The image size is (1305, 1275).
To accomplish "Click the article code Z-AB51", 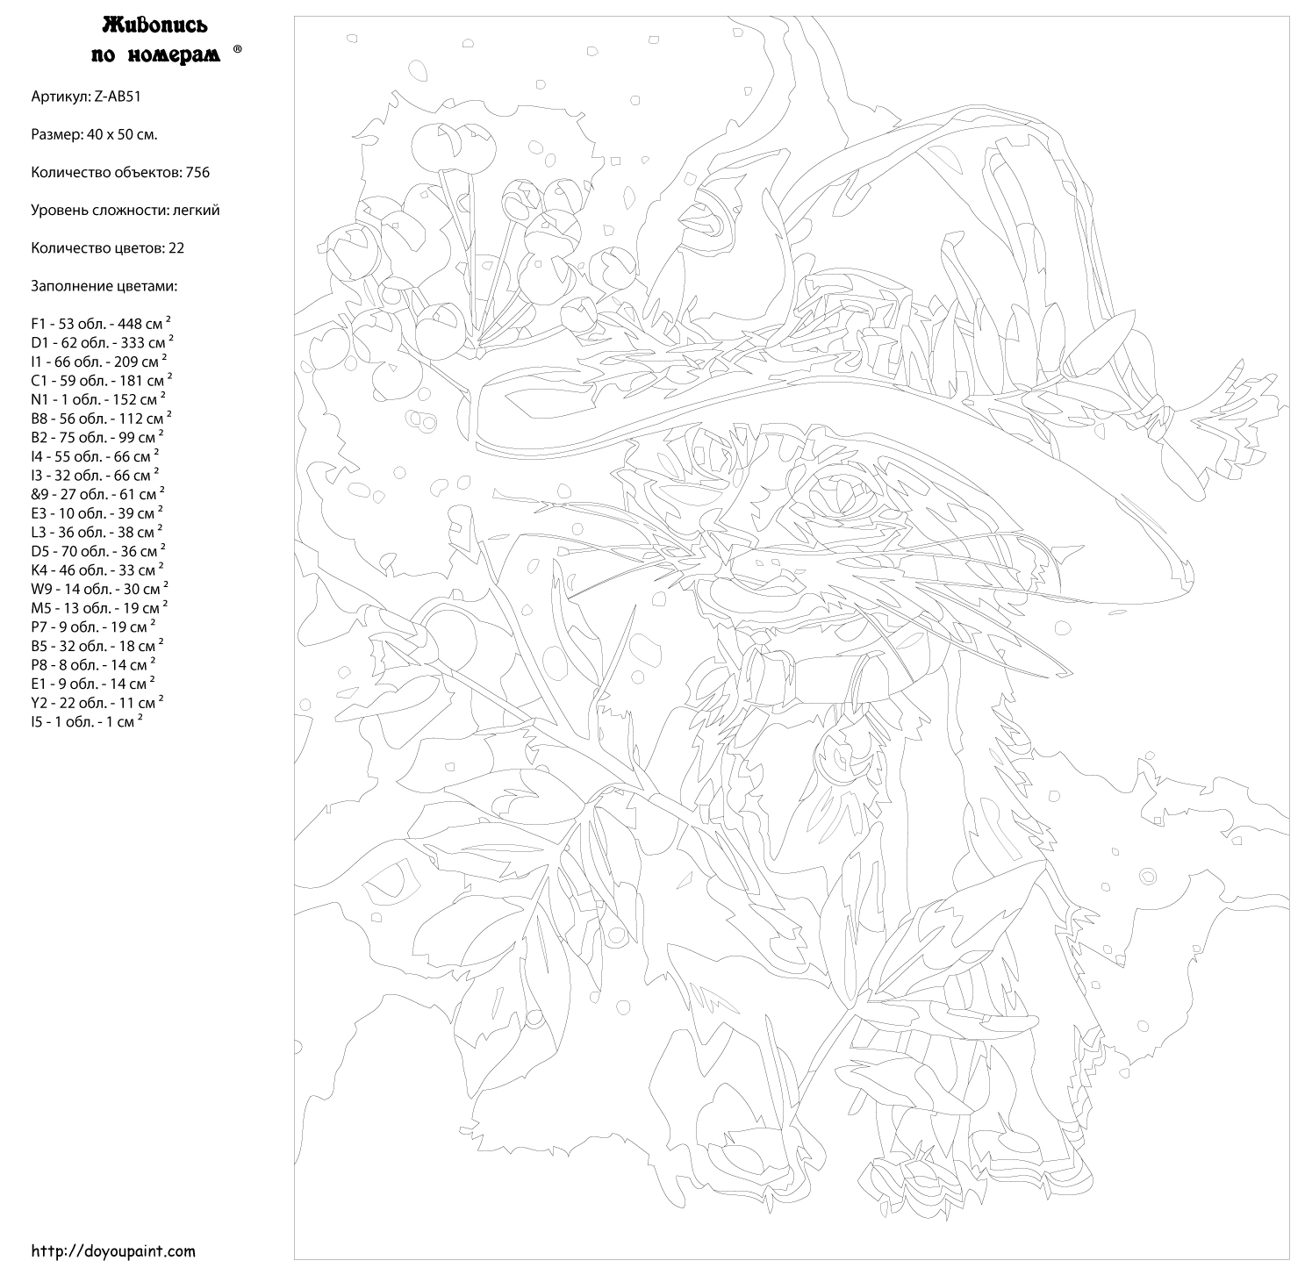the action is [x=117, y=97].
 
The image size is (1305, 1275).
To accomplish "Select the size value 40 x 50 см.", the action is [x=122, y=135].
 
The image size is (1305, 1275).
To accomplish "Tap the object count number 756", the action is [x=197, y=172].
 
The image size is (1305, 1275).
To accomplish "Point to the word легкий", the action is [x=196, y=211].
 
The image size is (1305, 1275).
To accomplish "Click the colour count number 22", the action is [x=176, y=248].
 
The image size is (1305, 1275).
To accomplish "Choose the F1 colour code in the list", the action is [x=39, y=325].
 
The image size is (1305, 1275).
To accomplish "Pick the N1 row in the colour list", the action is [x=98, y=400].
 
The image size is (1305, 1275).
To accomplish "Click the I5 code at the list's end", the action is [x=38, y=722].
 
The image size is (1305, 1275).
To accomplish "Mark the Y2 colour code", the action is [x=39, y=704].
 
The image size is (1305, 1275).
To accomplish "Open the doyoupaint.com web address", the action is [x=113, y=1251].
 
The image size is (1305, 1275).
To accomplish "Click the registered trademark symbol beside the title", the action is [x=238, y=49].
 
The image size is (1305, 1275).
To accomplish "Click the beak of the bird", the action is [x=690, y=218].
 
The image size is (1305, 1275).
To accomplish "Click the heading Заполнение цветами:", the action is [x=104, y=287].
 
